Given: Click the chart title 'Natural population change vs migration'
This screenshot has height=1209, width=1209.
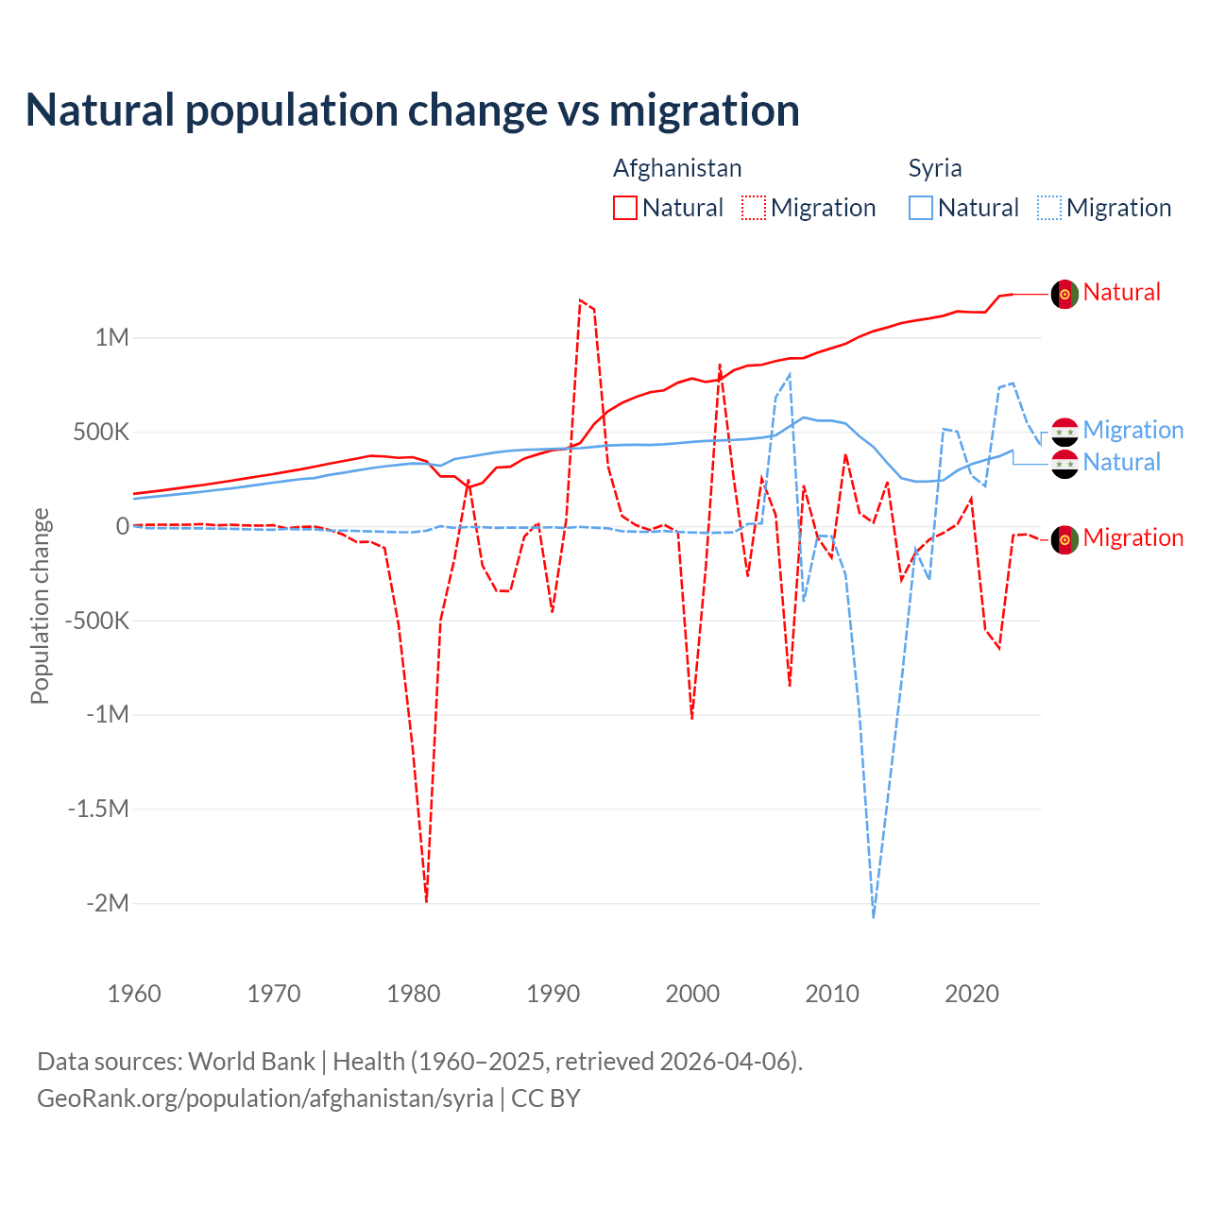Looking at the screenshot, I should click(412, 111).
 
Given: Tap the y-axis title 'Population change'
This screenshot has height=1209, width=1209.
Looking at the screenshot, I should click(40, 605).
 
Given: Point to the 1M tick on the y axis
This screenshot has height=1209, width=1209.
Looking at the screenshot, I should click(111, 337).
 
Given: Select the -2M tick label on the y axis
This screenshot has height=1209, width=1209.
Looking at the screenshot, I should click(107, 903).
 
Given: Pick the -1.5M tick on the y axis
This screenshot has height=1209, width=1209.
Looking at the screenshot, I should click(97, 809).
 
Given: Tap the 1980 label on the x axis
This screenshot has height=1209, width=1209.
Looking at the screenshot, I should click(414, 994).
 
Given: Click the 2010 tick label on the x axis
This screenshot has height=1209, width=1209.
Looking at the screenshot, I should click(832, 994).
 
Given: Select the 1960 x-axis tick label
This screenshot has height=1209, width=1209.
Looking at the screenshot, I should click(134, 994).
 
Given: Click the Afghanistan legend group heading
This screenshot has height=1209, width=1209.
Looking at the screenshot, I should click(677, 168).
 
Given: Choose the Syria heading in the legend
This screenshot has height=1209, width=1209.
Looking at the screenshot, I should click(935, 168).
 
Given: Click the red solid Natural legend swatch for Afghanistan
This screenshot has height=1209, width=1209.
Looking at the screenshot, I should click(625, 208).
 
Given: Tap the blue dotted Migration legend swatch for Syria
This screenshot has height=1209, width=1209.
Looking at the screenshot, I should click(1049, 208).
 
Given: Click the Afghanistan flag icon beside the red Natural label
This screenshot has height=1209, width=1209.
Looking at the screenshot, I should click(1064, 294).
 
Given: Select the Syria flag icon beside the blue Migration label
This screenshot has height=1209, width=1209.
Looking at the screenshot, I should click(1064, 432).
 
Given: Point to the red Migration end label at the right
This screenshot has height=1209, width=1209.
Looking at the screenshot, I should click(1132, 537).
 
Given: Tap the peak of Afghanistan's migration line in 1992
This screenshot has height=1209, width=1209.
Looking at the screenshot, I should click(580, 299).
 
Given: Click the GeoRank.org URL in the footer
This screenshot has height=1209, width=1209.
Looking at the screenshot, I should click(265, 1098).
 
